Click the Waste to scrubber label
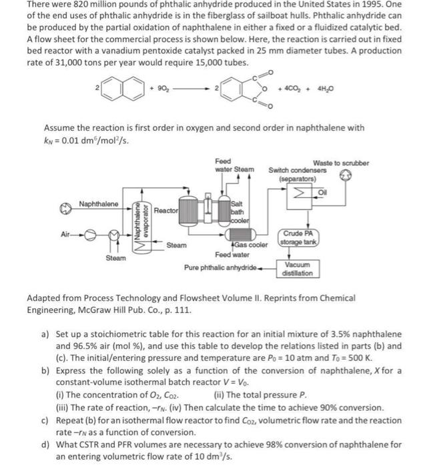tap(340, 163)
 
